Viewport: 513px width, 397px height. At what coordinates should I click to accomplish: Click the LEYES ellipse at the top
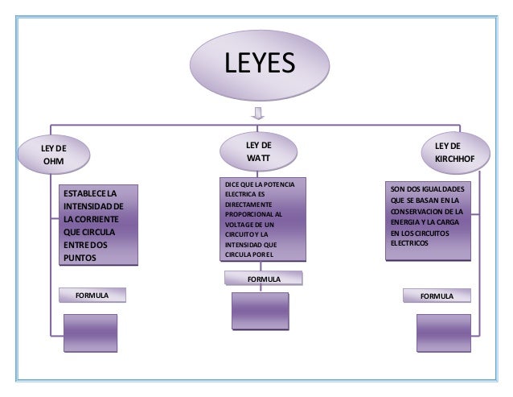(x=258, y=64)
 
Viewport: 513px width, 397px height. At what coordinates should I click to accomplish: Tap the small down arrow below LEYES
(x=258, y=114)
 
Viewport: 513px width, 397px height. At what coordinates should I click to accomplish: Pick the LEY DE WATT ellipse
(x=258, y=151)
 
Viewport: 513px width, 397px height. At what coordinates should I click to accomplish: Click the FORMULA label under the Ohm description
(x=92, y=296)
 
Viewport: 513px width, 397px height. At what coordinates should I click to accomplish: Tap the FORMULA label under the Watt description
(x=263, y=279)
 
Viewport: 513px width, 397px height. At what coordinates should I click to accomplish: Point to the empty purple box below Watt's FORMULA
(x=259, y=310)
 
